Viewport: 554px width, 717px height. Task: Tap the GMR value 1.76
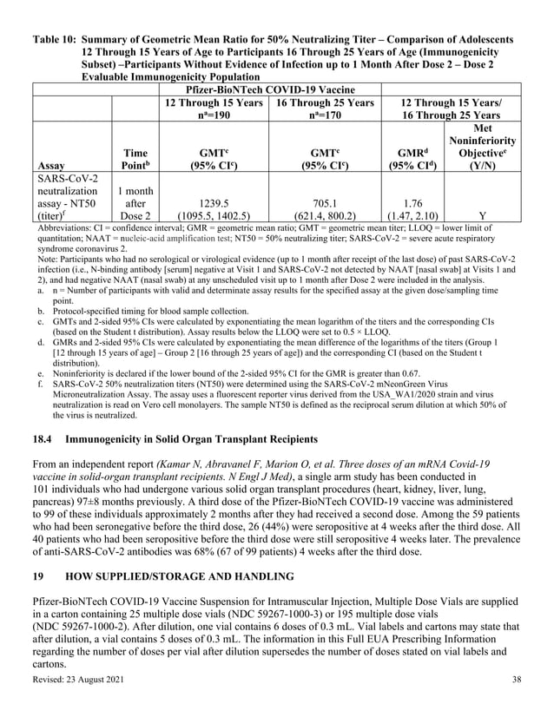coord(412,201)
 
